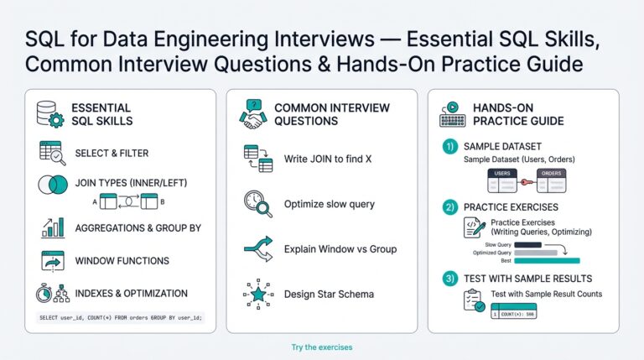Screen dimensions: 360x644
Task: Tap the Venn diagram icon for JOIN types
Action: coord(52,185)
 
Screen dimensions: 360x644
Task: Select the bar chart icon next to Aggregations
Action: coord(52,227)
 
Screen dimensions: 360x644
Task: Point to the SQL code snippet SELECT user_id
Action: coord(121,318)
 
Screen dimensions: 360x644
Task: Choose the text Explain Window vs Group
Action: coord(340,248)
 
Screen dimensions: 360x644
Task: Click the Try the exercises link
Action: coord(321,347)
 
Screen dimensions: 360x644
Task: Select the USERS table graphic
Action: coord(504,180)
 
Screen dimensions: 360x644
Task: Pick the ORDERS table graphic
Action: coord(551,180)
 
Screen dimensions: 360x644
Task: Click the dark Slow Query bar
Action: coord(527,244)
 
